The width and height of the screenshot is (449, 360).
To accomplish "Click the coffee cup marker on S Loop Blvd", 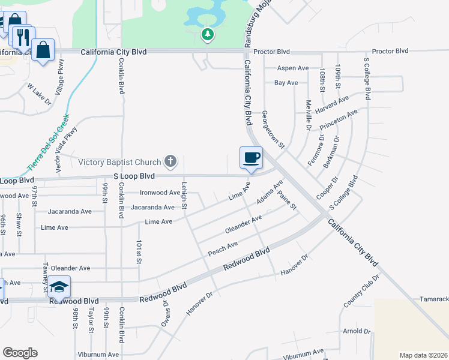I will coord(251,158).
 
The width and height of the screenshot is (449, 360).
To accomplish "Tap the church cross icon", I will coord(170,161).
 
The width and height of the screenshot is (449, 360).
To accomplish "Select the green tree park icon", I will coord(208,35).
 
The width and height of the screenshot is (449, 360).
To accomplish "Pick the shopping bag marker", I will coord(43,50).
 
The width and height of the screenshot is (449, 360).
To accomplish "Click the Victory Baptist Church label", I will coord(120,162).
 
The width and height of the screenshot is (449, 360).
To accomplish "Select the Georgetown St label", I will coord(273,130).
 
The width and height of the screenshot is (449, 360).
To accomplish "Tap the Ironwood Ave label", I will coord(160,193).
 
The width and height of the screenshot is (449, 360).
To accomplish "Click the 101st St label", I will coord(139,252).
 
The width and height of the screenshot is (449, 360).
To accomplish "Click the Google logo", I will coord(20,353).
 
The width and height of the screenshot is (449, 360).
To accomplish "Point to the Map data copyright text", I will coord(423,355).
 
